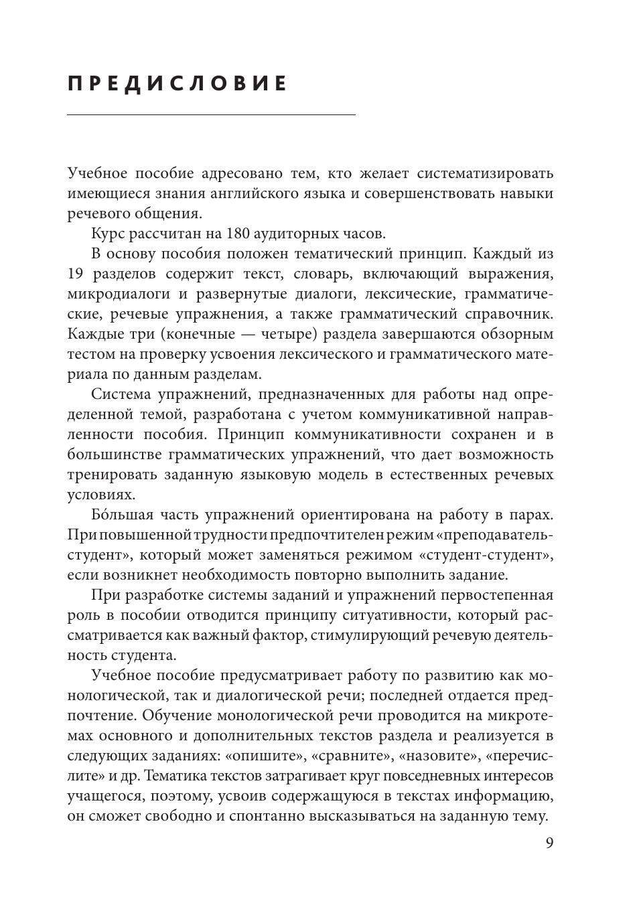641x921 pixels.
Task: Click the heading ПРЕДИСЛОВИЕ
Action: pyautogui.click(x=178, y=84)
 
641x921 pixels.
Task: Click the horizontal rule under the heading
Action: pyautogui.click(x=211, y=115)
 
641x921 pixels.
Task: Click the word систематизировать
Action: pyautogui.click(x=485, y=173)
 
